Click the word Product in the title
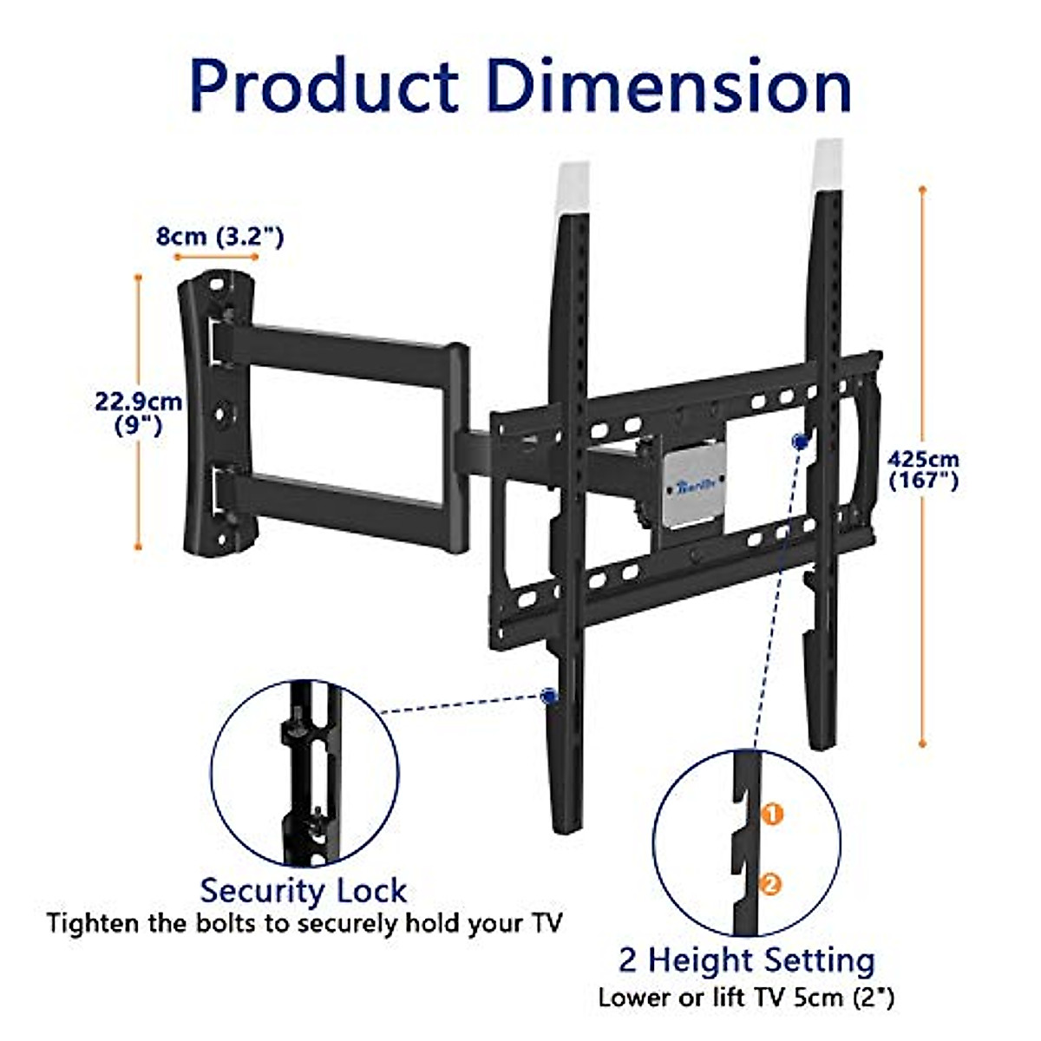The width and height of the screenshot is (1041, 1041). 323,87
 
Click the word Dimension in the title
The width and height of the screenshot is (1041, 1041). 669,87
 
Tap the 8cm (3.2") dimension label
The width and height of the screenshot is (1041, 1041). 219,236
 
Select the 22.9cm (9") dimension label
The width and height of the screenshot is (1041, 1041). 139,413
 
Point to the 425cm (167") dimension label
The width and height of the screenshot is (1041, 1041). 924,469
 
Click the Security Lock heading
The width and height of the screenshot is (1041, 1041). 303,891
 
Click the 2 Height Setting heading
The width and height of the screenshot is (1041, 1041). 746,960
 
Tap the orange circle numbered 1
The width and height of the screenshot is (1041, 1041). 771,815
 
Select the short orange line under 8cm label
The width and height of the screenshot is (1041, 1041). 216,258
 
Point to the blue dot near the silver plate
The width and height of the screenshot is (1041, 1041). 799,442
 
